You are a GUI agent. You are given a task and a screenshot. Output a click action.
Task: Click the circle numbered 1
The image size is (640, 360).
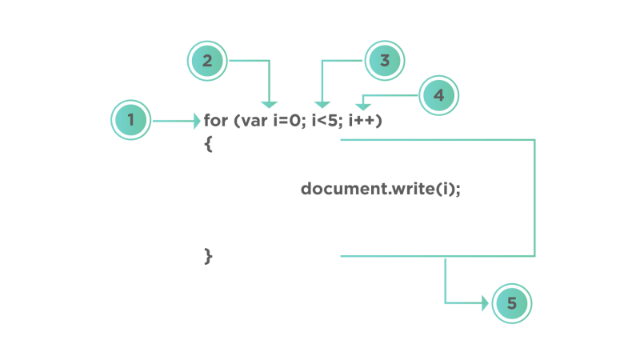click(x=130, y=120)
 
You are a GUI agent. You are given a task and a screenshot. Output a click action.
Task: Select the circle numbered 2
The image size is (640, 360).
click(x=207, y=61)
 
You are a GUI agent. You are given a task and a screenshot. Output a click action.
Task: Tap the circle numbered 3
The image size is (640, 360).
click(x=385, y=61)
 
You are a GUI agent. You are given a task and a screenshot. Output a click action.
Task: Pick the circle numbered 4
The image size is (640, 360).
click(x=438, y=95)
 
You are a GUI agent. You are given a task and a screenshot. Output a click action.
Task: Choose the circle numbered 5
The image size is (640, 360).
click(x=512, y=303)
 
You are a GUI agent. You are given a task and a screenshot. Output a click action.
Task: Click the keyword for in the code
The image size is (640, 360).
click(x=216, y=121)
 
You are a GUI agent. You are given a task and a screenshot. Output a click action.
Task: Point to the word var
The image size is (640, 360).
click(x=254, y=122)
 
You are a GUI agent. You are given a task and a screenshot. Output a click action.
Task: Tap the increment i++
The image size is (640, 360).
click(x=362, y=121)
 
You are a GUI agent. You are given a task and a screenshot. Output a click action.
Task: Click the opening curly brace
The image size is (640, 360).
click(x=208, y=144)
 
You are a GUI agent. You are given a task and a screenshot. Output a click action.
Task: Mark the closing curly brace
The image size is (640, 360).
click(x=208, y=256)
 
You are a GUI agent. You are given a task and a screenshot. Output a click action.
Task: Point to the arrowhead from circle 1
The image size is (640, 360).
click(x=198, y=122)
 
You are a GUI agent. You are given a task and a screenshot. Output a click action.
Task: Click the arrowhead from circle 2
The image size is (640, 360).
click(x=270, y=105)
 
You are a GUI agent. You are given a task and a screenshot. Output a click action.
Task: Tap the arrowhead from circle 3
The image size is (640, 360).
click(x=322, y=105)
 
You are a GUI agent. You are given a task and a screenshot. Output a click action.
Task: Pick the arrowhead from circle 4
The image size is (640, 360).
click(x=363, y=107)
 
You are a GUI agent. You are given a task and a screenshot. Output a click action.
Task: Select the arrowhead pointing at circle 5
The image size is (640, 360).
click(x=486, y=303)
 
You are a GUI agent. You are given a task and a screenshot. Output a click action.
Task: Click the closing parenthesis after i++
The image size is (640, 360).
click(x=379, y=121)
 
